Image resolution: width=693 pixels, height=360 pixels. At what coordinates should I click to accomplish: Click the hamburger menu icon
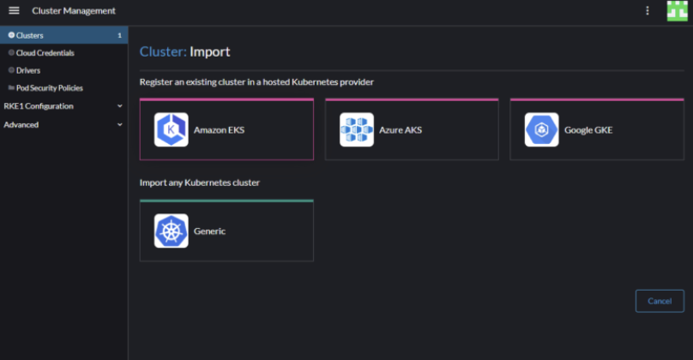[14, 10]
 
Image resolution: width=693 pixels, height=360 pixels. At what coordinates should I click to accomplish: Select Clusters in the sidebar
[30, 35]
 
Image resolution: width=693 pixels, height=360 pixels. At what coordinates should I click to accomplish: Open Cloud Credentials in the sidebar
[45, 53]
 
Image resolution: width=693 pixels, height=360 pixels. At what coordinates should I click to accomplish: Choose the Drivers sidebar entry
[28, 70]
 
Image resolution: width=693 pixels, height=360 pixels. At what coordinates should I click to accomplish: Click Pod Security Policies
[50, 88]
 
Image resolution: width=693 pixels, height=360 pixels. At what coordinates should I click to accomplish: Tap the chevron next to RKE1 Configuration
[120, 106]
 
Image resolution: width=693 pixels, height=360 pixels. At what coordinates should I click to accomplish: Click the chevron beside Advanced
[120, 124]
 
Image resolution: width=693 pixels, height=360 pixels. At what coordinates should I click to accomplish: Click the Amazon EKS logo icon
[171, 129]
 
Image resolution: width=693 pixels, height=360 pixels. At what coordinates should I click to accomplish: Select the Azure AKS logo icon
[357, 129]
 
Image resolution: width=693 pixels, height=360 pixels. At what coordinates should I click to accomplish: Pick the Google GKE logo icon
[541, 129]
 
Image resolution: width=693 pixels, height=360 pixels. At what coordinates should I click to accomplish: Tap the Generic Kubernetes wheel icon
[171, 231]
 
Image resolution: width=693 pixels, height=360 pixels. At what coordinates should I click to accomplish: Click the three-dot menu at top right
[648, 10]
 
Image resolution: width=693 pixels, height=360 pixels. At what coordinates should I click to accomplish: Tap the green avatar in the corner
[677, 10]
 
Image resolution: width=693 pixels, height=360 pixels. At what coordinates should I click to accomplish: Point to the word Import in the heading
[210, 51]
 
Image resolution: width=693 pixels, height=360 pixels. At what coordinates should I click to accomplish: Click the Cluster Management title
[74, 10]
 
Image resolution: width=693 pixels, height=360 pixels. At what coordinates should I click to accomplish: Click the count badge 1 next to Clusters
[119, 35]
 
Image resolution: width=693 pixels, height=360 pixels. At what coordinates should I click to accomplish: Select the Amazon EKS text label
[220, 130]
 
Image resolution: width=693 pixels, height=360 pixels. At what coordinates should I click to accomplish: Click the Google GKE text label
[588, 130]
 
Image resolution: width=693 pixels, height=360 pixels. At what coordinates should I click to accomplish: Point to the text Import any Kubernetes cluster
[200, 183]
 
